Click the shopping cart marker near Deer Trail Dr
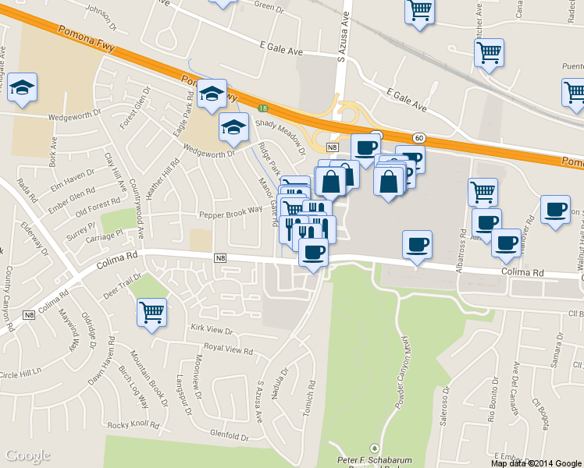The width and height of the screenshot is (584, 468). pyautogui.click(x=151, y=313)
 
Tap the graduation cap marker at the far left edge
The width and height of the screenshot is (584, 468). pyautogui.click(x=23, y=87)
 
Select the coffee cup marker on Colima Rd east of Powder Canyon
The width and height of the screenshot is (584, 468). pyautogui.click(x=417, y=245)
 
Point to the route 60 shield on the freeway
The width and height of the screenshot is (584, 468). pyautogui.click(x=419, y=138)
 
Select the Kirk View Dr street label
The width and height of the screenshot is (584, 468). pyautogui.click(x=212, y=331)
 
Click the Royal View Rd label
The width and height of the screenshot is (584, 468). pyautogui.click(x=228, y=350)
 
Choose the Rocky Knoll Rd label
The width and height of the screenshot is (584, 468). pyautogui.click(x=134, y=425)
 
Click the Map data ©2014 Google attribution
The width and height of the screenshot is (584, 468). pyautogui.click(x=536, y=463)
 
